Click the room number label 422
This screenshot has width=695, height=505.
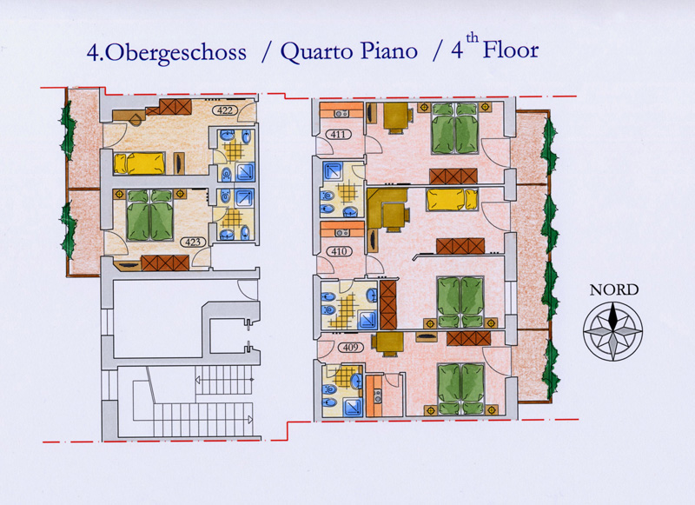coord(225,110)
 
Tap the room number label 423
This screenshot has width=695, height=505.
coord(193,243)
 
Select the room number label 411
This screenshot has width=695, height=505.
coord(338,134)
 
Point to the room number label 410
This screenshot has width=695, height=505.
coord(339,251)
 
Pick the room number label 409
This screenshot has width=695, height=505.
coord(350,347)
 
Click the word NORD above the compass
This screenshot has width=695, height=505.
coord(614,290)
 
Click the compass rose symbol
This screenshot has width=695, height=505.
coord(613,331)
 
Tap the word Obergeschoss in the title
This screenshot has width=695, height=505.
coord(176,53)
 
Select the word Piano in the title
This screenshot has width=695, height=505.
coord(388,51)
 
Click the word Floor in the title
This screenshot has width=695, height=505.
coord(511,50)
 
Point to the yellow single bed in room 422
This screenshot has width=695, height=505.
coord(140,163)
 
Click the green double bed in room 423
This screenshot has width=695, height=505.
coord(150,216)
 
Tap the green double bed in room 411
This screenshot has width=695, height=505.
coord(455,129)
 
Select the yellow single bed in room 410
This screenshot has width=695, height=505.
coord(452,200)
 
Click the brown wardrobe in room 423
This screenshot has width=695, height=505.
coord(165,262)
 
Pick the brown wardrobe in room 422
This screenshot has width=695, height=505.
coord(175,107)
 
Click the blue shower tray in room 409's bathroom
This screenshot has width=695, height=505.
coord(353,407)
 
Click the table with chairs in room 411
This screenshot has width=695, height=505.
coord(396,117)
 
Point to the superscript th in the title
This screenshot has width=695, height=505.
coord(472,38)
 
